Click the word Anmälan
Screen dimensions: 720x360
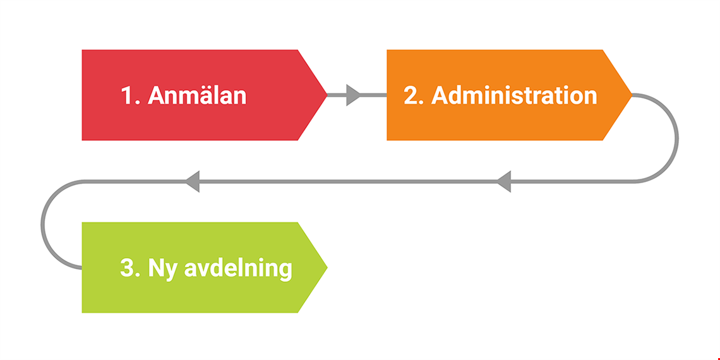coord(197,95)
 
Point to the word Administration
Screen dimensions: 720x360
coord(514,95)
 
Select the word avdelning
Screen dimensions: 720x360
coord(238,269)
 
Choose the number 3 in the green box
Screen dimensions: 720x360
coord(127,268)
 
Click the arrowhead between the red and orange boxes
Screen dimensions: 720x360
coord(353,95)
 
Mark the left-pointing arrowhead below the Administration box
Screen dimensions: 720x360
coord(504,181)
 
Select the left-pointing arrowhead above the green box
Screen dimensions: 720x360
coord(192,181)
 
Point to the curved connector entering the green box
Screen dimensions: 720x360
coord(42,225)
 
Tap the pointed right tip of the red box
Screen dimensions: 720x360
coord(327,95)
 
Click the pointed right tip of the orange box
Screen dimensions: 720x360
coord(632,95)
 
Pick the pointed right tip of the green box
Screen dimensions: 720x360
coord(327,268)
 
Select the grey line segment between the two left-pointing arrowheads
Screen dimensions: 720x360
coord(348,181)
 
